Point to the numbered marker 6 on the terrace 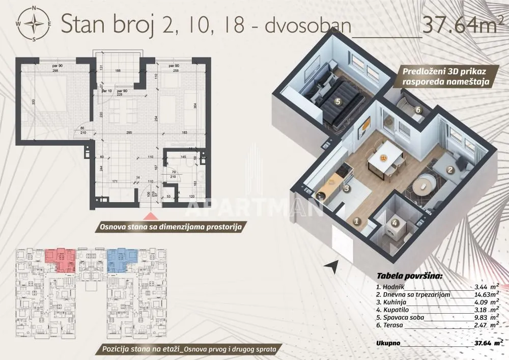pos(417,109)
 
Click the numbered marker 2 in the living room pos(449,171)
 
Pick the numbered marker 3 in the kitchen pos(346,188)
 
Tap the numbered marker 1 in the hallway pos(357,221)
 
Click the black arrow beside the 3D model pos(332,265)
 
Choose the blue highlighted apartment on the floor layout pos(123,255)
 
